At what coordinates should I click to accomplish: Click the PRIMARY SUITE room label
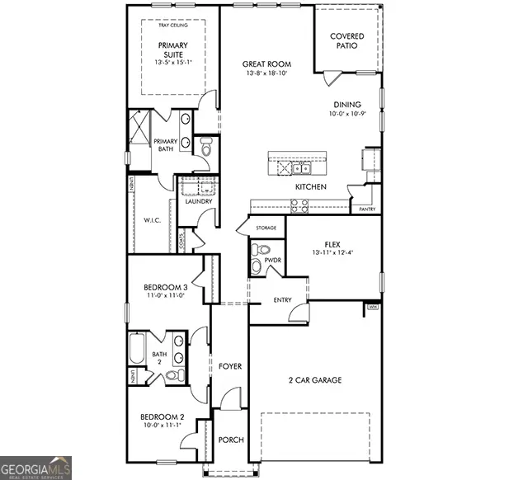pyautogui.click(x=173, y=51)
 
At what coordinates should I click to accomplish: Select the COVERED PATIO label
pyautogui.click(x=347, y=41)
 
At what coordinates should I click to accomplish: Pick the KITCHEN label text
pyautogui.click(x=311, y=187)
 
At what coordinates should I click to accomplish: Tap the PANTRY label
pyautogui.click(x=367, y=209)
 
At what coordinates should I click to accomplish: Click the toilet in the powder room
pyautogui.click(x=260, y=250)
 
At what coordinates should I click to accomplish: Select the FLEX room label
pyautogui.click(x=332, y=245)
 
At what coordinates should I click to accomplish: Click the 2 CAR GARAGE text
pyautogui.click(x=314, y=380)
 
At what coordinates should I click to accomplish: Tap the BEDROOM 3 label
pyautogui.click(x=166, y=287)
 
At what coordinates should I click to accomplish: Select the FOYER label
pyautogui.click(x=230, y=365)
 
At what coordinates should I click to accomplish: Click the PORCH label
pyautogui.click(x=231, y=440)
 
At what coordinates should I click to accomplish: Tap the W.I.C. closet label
pyautogui.click(x=151, y=220)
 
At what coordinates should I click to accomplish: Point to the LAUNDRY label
pyautogui.click(x=199, y=201)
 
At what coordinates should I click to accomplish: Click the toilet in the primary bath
pyautogui.click(x=206, y=147)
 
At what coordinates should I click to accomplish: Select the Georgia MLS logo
pyautogui.click(x=36, y=467)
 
